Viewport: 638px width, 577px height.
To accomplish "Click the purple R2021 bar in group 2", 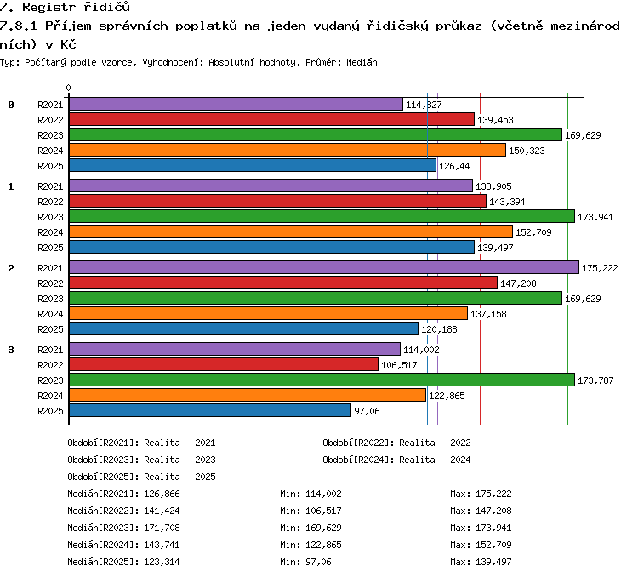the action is pos(324,267).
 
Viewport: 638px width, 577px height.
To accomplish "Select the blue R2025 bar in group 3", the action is pos(210,410).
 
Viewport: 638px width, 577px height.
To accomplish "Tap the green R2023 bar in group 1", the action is pos(322,217).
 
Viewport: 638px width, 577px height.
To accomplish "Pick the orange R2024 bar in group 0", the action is pos(288,151).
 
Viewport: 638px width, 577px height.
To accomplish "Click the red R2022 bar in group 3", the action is pos(224,364).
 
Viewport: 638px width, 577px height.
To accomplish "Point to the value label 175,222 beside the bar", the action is pos(600,268).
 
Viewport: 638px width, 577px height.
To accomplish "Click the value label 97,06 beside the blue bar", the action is pos(367,411).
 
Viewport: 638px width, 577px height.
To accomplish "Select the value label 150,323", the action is pos(527,151).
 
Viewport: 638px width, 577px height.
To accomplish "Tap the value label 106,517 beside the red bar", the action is pos(399,365).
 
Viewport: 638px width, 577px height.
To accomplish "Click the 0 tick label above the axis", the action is pos(68,88).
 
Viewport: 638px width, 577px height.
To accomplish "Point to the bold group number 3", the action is pos(11,350).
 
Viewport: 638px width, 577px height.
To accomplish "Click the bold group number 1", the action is pos(11,186).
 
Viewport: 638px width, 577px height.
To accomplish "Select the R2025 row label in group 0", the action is pos(50,166).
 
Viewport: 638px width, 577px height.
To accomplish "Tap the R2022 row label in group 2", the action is pos(50,283).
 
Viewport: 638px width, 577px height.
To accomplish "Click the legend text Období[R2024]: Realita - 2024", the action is pos(396,460).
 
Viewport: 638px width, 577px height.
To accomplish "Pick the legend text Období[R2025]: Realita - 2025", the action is pos(141,477).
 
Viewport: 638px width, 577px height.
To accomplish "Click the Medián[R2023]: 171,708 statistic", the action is pos(123,528).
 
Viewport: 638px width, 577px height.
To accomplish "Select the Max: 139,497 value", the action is pos(481,562).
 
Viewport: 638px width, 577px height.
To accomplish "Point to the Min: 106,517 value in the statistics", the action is pos(310,511).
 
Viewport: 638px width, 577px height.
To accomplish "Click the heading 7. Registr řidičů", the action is pos(65,7).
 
